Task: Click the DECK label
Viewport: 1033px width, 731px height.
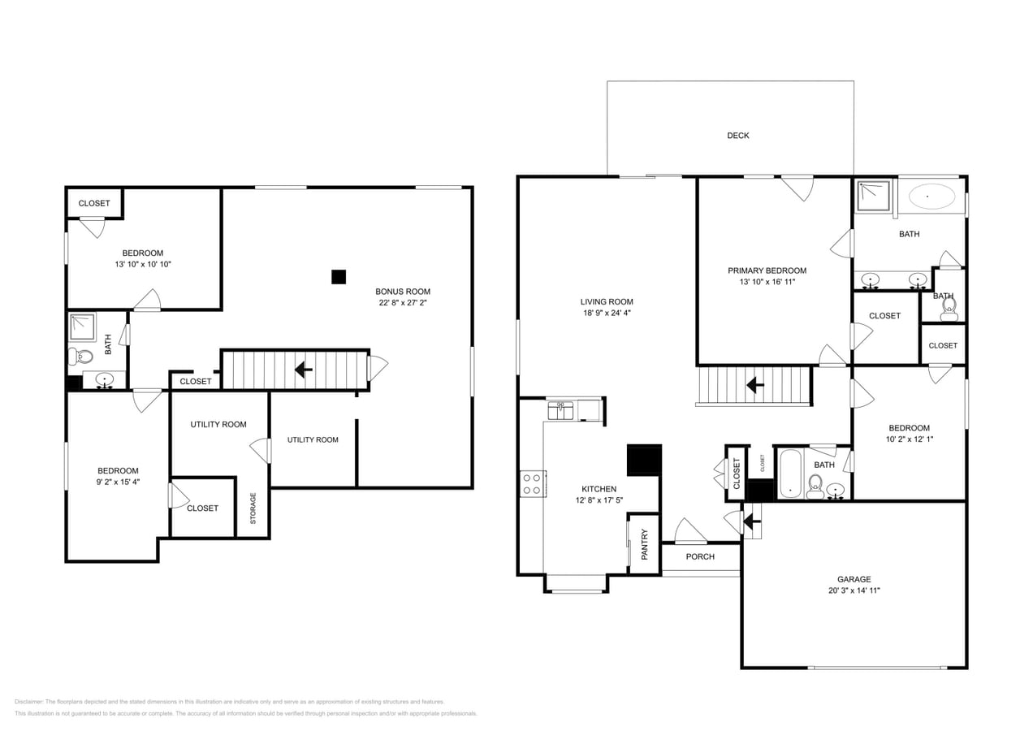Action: pyautogui.click(x=737, y=136)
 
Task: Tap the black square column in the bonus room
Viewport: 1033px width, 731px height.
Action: pyautogui.click(x=339, y=277)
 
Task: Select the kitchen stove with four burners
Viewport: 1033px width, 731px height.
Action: pyautogui.click(x=532, y=484)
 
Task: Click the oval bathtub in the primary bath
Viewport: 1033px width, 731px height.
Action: pyautogui.click(x=931, y=197)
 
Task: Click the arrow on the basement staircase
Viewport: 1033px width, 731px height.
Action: pyautogui.click(x=304, y=370)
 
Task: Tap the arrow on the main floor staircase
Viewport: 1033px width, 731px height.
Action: pyautogui.click(x=754, y=385)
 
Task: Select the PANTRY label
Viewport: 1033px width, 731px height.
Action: pyautogui.click(x=645, y=544)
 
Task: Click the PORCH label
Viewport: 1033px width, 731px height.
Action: pyautogui.click(x=700, y=556)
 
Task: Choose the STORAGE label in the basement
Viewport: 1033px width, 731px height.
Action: pyautogui.click(x=253, y=508)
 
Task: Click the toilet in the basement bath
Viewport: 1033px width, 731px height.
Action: pyautogui.click(x=80, y=356)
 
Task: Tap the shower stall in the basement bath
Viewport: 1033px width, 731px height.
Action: pyautogui.click(x=82, y=327)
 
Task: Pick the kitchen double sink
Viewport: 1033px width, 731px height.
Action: pyautogui.click(x=560, y=410)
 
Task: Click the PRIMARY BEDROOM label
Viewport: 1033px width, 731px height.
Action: pyautogui.click(x=767, y=270)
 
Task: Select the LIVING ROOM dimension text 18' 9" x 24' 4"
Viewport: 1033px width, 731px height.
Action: pyautogui.click(x=606, y=313)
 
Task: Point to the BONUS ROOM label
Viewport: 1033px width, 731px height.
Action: pyautogui.click(x=402, y=292)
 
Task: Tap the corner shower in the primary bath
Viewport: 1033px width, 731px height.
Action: pyautogui.click(x=873, y=195)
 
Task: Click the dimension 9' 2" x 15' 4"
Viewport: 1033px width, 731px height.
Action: pyautogui.click(x=118, y=482)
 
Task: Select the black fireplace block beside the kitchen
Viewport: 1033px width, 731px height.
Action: pyautogui.click(x=644, y=460)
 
